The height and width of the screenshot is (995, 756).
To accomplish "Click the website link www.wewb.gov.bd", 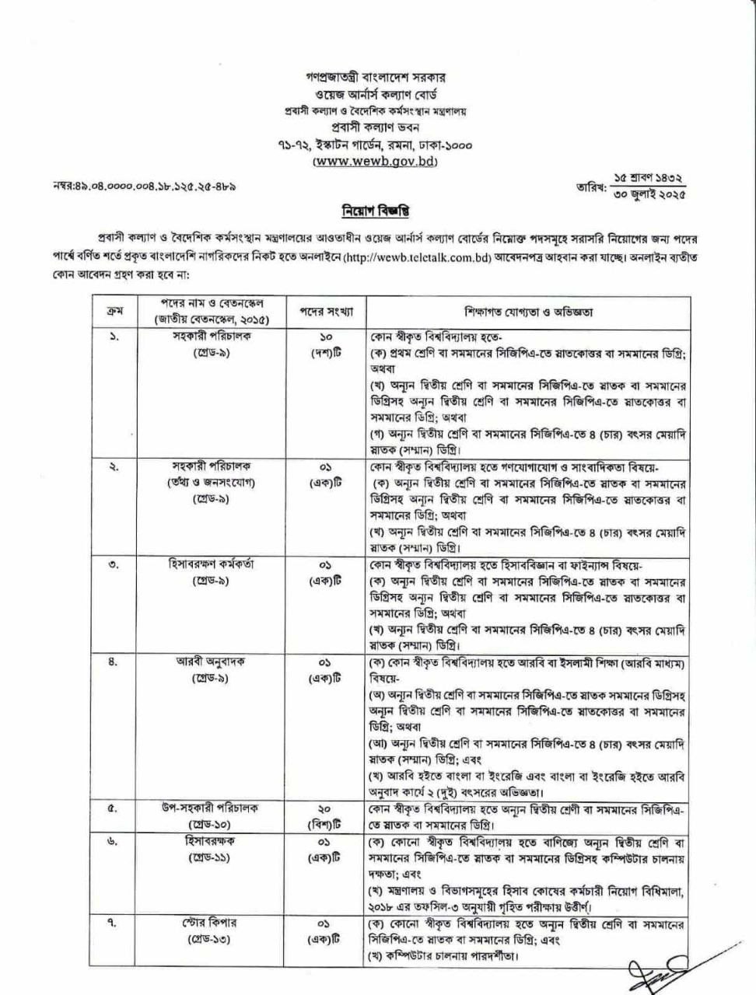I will pyautogui.click(x=375, y=162).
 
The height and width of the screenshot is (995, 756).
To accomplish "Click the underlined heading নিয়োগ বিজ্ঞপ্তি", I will pyautogui.click(x=376, y=211).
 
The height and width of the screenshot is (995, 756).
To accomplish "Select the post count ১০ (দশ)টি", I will pyautogui.click(x=327, y=345).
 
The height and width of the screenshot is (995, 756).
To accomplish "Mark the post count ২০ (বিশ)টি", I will pyautogui.click(x=327, y=816).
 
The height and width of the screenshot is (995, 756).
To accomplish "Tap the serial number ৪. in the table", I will pyautogui.click(x=113, y=663).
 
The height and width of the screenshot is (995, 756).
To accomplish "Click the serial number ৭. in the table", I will pyautogui.click(x=113, y=922).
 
